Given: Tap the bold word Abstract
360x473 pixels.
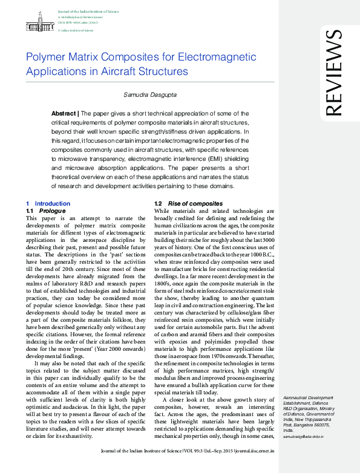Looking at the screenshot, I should click(64, 113).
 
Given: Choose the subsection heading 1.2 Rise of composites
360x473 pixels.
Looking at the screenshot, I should click(188, 204).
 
